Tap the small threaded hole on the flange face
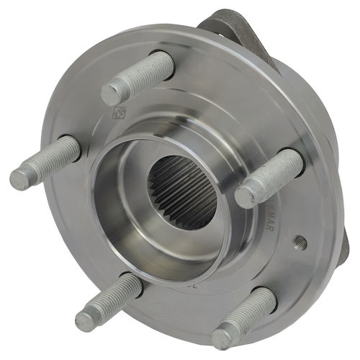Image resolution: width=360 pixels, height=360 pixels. point(301,243)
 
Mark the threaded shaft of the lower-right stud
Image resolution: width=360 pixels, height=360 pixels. point(248,313)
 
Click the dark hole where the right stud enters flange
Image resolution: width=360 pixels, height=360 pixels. point(297,157)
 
